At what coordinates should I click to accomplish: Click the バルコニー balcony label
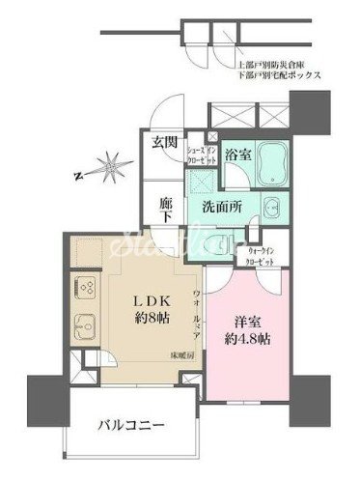(x=129, y=424)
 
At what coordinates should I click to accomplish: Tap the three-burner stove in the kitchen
(x=81, y=287)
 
